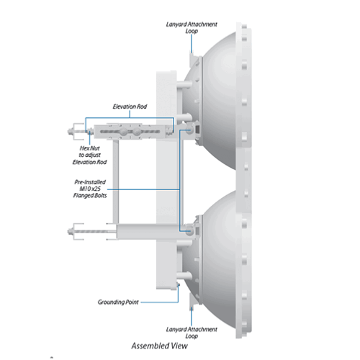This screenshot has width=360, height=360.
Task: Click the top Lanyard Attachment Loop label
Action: [192, 27]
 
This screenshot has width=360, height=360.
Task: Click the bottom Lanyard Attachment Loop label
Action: [192, 333]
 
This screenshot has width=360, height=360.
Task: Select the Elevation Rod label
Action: [130, 107]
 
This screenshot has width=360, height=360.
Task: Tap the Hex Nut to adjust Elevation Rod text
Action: [90, 155]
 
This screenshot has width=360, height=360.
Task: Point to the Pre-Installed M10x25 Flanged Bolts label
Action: [90, 189]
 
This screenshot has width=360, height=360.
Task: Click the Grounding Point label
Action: [118, 302]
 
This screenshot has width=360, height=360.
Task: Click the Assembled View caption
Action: [159, 346]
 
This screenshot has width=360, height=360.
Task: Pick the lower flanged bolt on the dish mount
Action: [189, 231]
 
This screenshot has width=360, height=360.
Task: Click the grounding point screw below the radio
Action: [178, 284]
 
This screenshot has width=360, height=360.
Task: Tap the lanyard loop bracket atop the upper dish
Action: [194, 60]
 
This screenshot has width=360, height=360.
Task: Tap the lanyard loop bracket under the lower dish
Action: [194, 300]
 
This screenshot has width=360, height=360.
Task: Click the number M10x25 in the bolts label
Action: [90, 189]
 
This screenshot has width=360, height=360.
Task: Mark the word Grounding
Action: [111, 302]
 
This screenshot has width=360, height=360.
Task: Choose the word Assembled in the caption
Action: [148, 346]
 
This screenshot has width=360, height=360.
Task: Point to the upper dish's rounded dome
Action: [216, 101]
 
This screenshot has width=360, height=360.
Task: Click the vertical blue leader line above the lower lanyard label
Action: [192, 317]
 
